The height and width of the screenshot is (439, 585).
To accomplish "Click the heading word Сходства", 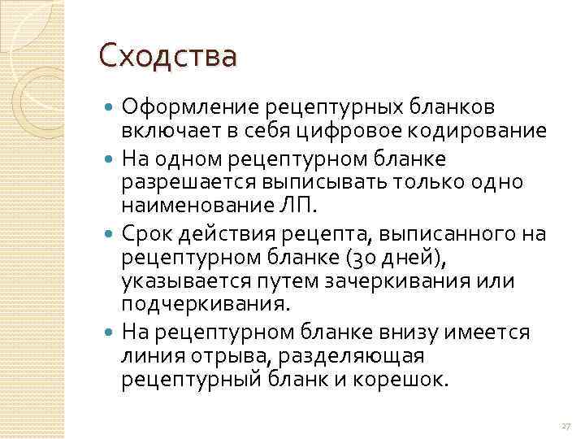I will coord(168,57).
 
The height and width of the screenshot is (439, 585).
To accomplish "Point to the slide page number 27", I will coord(566,426).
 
